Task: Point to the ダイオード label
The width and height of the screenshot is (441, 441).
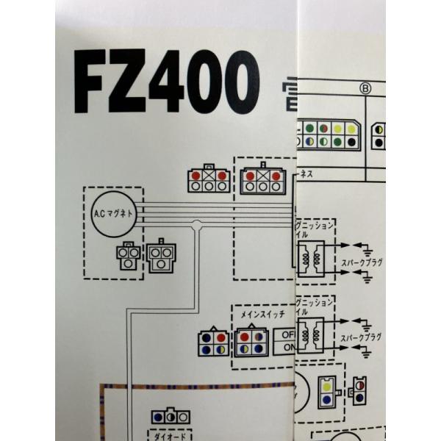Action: (x=171, y=435)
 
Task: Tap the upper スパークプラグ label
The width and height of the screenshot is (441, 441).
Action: (x=362, y=261)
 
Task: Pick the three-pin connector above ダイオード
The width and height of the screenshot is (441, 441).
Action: (x=170, y=417)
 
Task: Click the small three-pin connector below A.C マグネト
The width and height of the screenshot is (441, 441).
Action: (x=128, y=254)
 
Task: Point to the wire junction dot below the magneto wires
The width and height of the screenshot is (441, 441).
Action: (x=196, y=228)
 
